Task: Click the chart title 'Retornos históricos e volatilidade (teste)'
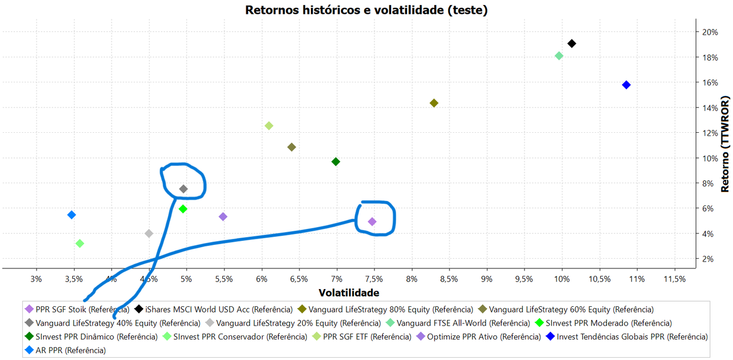coord(366,10)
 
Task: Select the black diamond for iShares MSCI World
coord(572,43)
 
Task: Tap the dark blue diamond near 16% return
coord(626,85)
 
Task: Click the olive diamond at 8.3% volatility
coord(434,103)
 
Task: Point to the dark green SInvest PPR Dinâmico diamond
coord(336,161)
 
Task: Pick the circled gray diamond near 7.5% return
coord(183,189)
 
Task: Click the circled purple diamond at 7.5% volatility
coord(372,221)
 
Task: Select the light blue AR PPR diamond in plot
coord(72,215)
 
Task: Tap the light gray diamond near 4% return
coord(149,234)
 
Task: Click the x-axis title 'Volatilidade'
coord(349,292)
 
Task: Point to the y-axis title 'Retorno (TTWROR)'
coord(725,144)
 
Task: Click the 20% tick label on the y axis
coord(710,32)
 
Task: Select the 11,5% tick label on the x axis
coord(674,279)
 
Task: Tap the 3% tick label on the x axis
coord(36,279)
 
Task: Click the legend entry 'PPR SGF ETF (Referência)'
coord(366,337)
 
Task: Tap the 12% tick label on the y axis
coord(710,133)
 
